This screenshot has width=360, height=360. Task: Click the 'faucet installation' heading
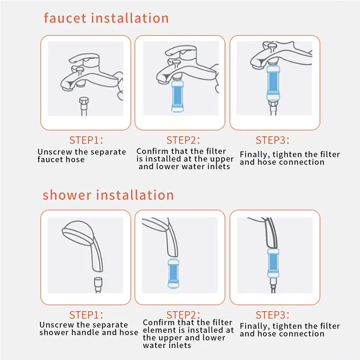tap(106, 18)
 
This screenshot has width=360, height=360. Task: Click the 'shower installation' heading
tap(108, 195)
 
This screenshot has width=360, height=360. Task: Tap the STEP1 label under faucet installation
tap(86, 139)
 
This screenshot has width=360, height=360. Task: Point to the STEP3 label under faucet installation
tap(273, 139)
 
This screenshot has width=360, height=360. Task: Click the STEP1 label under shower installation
tap(86, 315)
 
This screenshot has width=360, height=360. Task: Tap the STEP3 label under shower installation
tap(273, 315)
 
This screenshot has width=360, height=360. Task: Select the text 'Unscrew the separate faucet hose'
tap(82, 156)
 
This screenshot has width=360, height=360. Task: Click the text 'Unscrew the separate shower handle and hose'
tap(89, 328)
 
